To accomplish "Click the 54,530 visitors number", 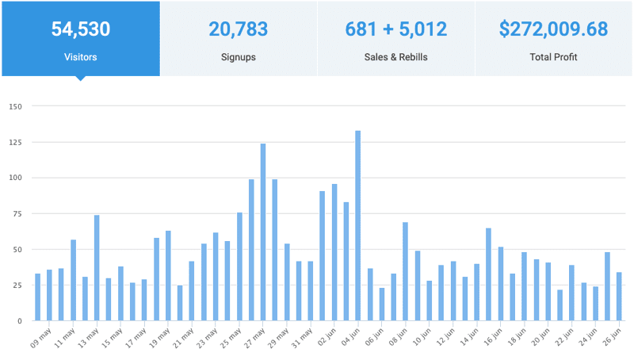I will pos(80,30).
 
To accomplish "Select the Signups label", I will pos(238,57).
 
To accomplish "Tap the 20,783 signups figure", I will pos(238,30).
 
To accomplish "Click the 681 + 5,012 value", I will pos(396,30).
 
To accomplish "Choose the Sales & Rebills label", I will pos(396,57).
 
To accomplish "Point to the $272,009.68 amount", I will pos(554,30).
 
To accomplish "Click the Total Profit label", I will pos(554,57).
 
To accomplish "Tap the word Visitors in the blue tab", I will pos(80,57).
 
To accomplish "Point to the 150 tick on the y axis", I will pos(15,106).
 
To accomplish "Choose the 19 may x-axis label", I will pos(160,339).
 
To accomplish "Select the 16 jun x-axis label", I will pos(493,339).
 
